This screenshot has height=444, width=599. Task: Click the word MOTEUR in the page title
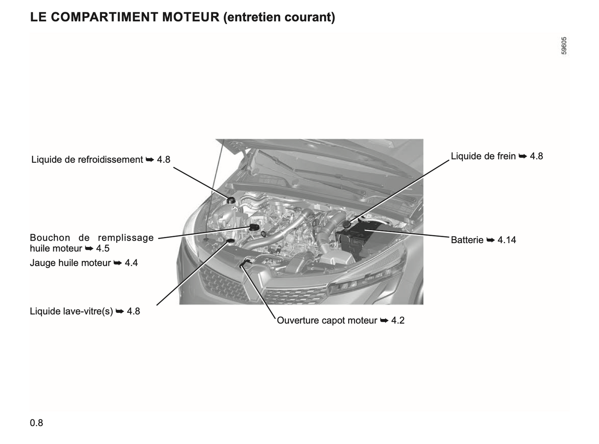pyautogui.click(x=191, y=17)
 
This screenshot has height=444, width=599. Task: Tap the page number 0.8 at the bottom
pyautogui.click(x=36, y=423)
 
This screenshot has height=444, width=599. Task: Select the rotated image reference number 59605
pyautogui.click(x=564, y=46)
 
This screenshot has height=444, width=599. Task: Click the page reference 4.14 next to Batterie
pyautogui.click(x=507, y=240)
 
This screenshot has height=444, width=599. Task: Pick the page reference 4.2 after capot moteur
pyautogui.click(x=398, y=320)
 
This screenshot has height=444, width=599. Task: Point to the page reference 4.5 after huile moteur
pyautogui.click(x=103, y=248)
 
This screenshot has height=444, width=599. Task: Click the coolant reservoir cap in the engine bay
pyautogui.click(x=231, y=200)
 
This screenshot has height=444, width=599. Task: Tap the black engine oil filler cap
pyautogui.click(x=254, y=227)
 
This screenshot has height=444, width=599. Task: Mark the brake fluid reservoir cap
pyautogui.click(x=346, y=224)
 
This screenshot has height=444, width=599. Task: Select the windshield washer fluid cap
pyautogui.click(x=230, y=241)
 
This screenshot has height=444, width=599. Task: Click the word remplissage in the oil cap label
pyautogui.click(x=126, y=238)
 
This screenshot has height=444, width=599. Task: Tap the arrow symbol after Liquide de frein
pyautogui.click(x=523, y=156)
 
